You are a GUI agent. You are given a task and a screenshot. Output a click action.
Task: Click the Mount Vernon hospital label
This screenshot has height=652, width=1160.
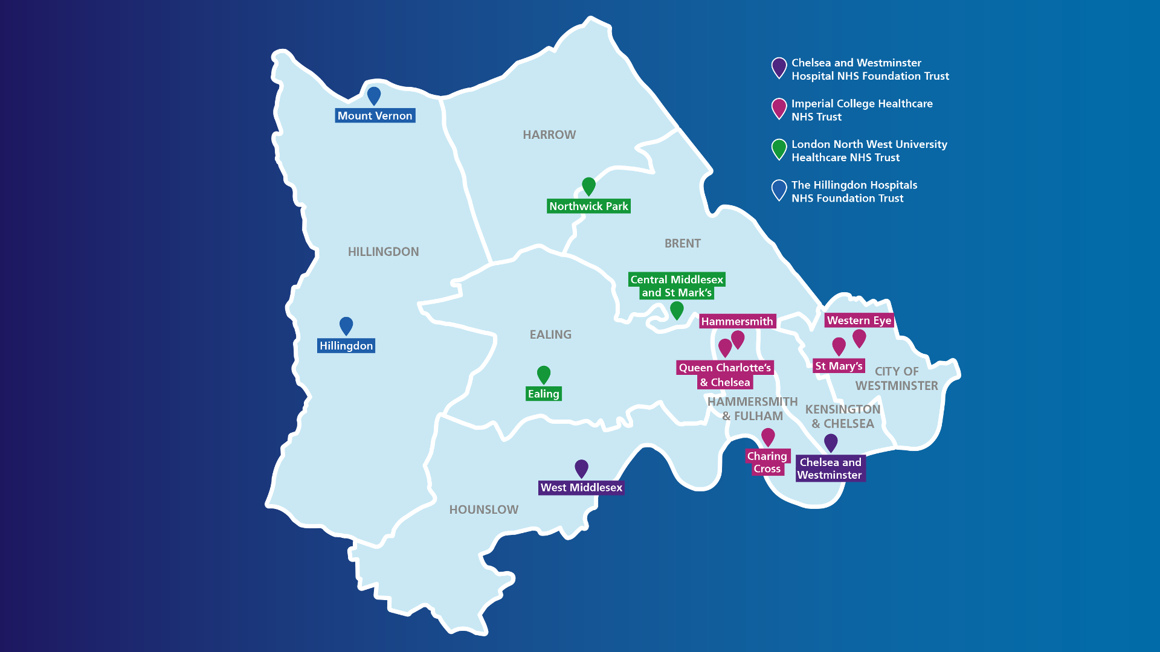click(x=375, y=115)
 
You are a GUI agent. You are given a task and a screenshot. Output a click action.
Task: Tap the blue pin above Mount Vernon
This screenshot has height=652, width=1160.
click(x=374, y=95)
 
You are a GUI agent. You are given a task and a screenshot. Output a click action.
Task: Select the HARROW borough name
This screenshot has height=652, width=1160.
click(x=549, y=135)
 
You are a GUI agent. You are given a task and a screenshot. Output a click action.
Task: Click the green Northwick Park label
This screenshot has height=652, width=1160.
click(x=588, y=206)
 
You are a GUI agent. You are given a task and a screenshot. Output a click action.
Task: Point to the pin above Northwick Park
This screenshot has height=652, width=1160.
click(x=588, y=186)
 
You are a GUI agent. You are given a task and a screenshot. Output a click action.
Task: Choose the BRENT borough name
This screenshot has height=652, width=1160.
click(x=683, y=243)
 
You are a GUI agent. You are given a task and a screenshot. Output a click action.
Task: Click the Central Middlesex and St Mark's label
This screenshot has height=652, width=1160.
click(x=677, y=286)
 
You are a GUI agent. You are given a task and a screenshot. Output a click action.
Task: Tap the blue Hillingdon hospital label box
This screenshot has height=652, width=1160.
click(x=346, y=345)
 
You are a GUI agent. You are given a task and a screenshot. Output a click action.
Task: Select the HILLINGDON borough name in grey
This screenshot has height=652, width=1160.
click(x=383, y=252)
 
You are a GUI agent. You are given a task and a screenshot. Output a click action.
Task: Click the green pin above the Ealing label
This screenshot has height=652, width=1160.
click(x=544, y=374)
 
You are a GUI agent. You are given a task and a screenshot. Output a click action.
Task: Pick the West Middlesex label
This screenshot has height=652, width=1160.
click(x=581, y=487)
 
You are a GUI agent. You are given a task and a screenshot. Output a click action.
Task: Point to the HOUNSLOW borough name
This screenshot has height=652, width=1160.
click(x=483, y=510)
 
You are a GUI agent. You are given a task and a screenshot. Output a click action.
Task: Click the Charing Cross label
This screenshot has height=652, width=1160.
click(x=767, y=462)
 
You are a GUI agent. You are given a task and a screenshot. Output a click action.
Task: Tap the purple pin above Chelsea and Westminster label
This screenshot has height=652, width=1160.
click(x=831, y=443)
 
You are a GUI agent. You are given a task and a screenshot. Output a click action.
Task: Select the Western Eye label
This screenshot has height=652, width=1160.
click(x=859, y=321)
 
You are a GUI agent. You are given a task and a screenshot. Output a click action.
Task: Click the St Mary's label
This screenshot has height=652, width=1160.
click(x=839, y=366)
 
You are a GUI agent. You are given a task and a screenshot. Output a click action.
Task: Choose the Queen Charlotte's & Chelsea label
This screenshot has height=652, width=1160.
click(x=724, y=375)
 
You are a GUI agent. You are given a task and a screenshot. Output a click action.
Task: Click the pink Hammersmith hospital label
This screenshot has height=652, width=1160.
click(x=737, y=321)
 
